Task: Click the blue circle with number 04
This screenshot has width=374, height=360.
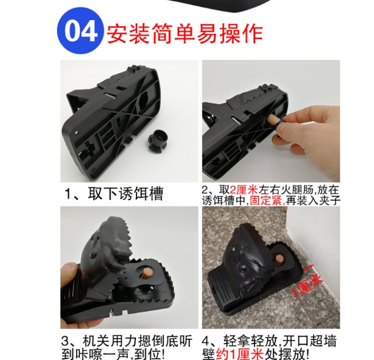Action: click(80, 31)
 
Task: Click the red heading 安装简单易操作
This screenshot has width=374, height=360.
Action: click(185, 33)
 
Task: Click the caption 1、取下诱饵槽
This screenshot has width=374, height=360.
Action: click(114, 193)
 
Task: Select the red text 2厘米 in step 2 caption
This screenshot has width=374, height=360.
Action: click(244, 190)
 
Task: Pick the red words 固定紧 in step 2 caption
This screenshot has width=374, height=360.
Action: click(266, 201)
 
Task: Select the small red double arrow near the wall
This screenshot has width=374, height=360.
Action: click(308, 268)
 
